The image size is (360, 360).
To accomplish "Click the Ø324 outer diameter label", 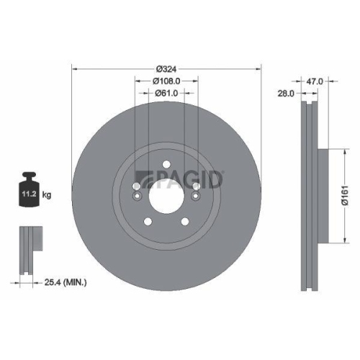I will point(167,69).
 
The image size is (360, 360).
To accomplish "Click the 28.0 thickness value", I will point(287,94).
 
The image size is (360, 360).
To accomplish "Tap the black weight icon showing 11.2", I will point(30,192).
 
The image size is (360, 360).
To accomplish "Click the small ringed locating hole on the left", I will point(137,189).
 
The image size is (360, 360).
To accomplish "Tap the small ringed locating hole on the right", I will point(196,189).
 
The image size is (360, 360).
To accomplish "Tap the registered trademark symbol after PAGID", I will point(224,172).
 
